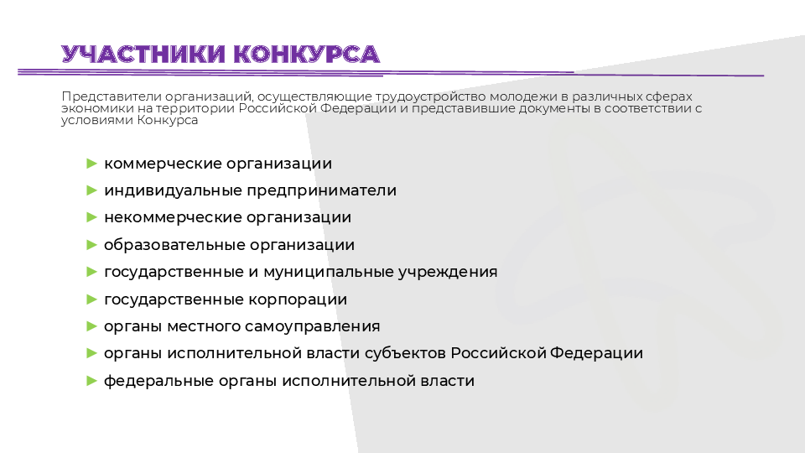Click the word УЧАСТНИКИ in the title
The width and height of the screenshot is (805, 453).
point(143,55)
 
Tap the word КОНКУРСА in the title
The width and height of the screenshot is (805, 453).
point(307,55)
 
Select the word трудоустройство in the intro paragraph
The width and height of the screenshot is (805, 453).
point(430,97)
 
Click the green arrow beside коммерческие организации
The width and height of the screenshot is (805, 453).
point(92,164)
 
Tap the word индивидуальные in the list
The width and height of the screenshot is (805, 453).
point(173,190)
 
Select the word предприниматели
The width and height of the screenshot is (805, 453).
point(322,191)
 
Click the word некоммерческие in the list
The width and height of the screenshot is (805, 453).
point(173,218)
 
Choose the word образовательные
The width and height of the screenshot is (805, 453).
point(174,245)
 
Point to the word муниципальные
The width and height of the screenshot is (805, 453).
point(329,272)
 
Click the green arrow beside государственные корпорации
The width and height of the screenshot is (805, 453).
point(92,299)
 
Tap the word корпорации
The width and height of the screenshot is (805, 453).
point(297,300)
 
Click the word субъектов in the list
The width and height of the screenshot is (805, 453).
point(405,353)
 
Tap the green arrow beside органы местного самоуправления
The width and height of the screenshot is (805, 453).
point(92,326)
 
